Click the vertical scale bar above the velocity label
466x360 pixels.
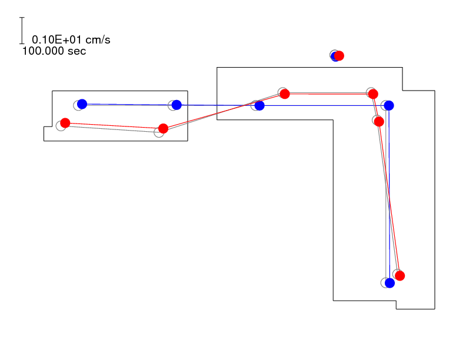[22, 31]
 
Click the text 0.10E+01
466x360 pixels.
[56, 40]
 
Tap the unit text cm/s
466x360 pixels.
[98, 40]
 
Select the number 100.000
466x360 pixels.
[43, 51]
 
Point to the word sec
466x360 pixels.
[76, 51]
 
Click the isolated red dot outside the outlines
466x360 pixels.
[339, 55]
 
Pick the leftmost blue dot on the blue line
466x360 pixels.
[82, 104]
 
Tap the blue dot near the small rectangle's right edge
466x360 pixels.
[177, 105]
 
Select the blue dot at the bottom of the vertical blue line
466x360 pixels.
[390, 283]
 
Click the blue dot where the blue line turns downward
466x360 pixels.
[389, 105]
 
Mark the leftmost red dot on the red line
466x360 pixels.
[65, 123]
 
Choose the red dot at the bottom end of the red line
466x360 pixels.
[400, 276]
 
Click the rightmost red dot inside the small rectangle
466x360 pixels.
[163, 129]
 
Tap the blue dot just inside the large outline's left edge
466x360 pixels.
[259, 105]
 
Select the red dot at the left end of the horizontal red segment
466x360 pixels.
[285, 94]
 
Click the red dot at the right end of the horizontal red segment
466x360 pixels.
[373, 94]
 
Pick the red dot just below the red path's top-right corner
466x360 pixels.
[379, 122]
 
